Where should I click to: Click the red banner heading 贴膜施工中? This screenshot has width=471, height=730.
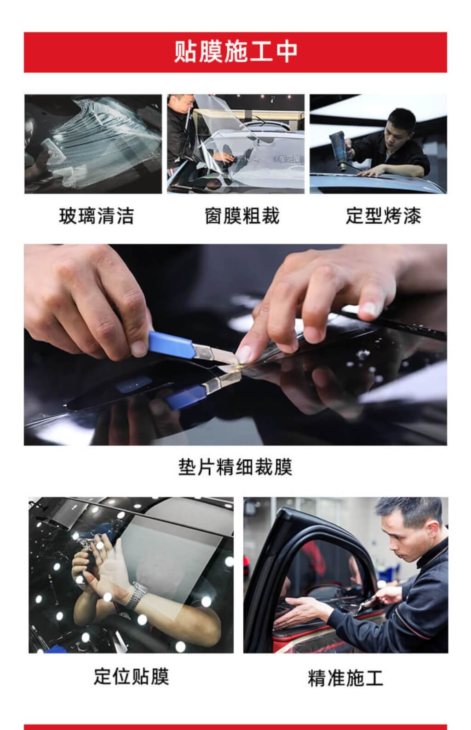(x=235, y=52)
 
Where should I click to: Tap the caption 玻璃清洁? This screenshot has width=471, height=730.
(x=96, y=216)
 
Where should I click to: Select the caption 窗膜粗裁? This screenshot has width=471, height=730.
(x=242, y=216)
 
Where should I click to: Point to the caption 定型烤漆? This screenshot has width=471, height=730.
(x=384, y=216)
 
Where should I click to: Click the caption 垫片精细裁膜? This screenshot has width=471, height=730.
(x=235, y=467)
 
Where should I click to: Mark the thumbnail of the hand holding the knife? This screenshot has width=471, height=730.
(x=140, y=348)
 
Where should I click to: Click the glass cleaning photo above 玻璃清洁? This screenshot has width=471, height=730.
(x=93, y=144)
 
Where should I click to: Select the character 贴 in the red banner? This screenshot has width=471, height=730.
(x=184, y=52)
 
